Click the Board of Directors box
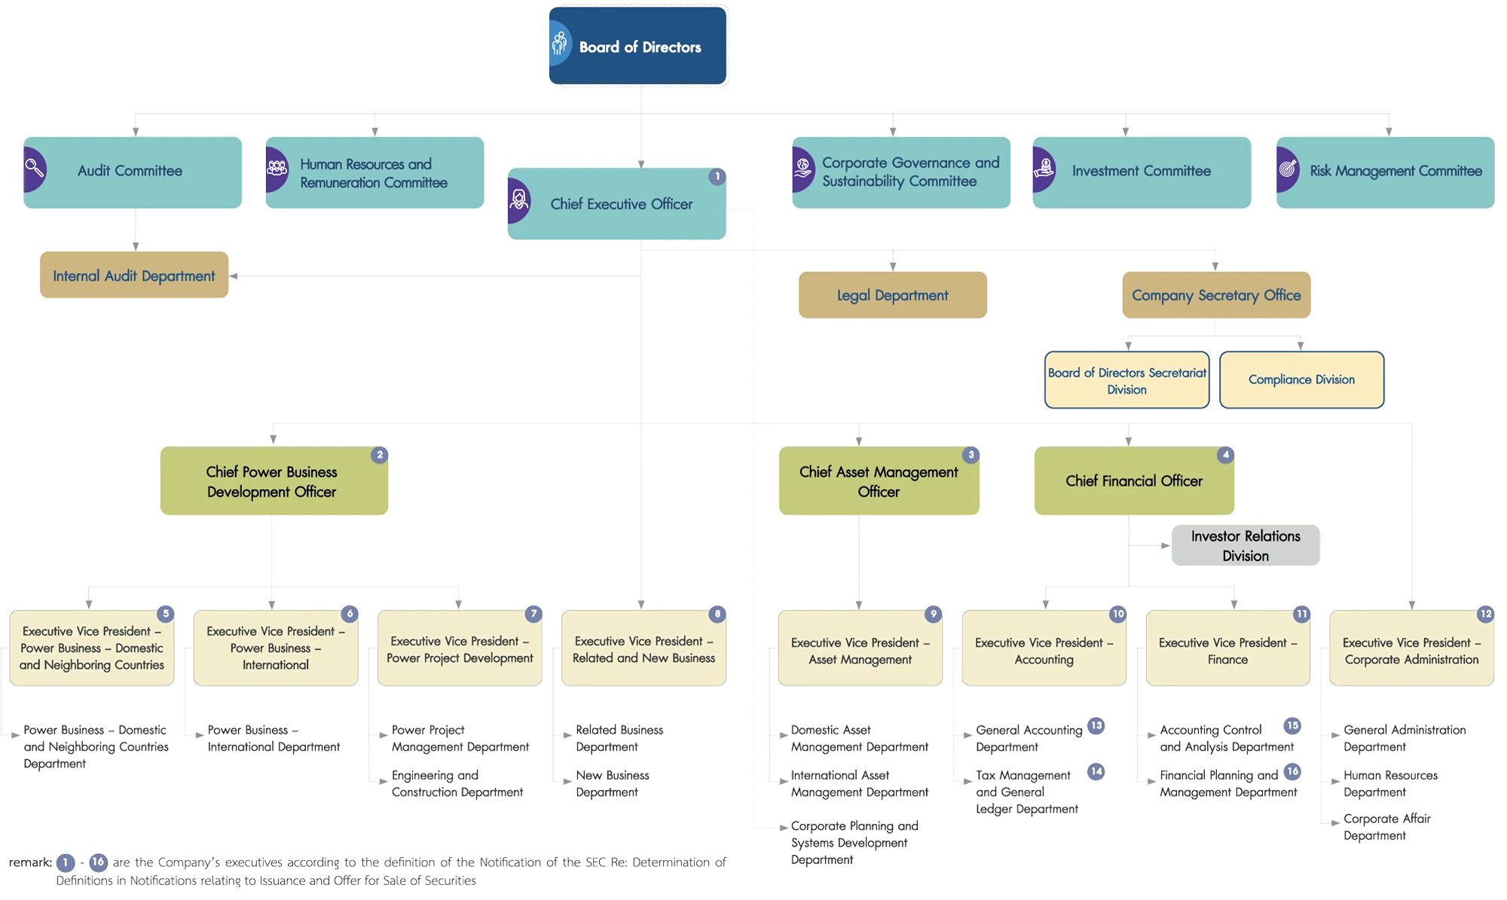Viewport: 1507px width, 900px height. (x=637, y=46)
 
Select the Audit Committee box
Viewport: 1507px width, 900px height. (x=133, y=172)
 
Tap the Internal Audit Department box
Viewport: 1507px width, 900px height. (x=134, y=276)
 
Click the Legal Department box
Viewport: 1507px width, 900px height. (x=893, y=295)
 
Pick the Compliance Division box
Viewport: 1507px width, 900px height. (x=1301, y=380)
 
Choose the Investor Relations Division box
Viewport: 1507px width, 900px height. (x=1246, y=545)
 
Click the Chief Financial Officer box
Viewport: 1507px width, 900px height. (x=1133, y=481)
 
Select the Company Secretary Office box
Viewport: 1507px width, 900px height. (x=1216, y=295)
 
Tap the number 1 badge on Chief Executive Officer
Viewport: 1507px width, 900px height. (x=717, y=176)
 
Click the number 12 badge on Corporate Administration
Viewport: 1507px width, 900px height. (x=1485, y=614)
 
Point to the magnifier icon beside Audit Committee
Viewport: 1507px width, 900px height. (x=34, y=168)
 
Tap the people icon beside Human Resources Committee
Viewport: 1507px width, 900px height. (x=277, y=168)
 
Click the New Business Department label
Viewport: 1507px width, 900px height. (x=612, y=783)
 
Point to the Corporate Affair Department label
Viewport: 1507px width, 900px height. (x=1386, y=827)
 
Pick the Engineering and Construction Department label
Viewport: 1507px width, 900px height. (x=457, y=783)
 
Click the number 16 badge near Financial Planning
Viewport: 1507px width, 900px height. (x=1292, y=771)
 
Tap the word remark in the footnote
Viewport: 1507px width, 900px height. (x=30, y=862)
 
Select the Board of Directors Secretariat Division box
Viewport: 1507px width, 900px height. (x=1126, y=380)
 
